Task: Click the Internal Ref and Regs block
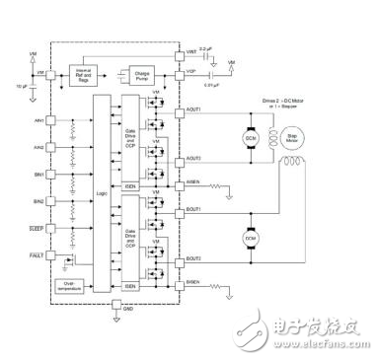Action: pyautogui.click(x=82, y=75)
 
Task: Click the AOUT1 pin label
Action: pyautogui.click(x=195, y=111)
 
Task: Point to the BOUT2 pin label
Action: pyautogui.click(x=195, y=259)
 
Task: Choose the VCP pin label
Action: pyautogui.click(x=192, y=69)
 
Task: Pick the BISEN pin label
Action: pyautogui.click(x=195, y=286)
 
